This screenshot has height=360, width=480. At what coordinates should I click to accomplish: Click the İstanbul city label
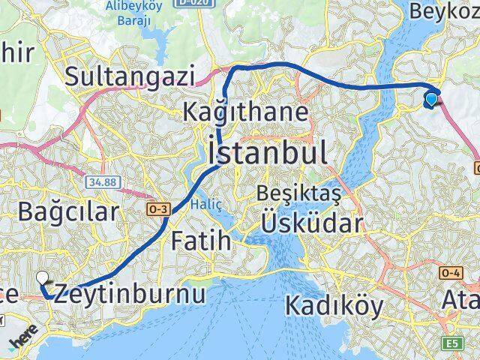coord(268,153)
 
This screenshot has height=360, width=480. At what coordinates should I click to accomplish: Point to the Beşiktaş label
coord(298,194)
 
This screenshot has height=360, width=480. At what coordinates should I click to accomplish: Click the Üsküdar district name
coord(313,223)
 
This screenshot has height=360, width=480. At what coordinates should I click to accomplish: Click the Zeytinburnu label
coord(130,293)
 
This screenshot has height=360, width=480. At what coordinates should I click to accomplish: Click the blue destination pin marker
coord(431,98)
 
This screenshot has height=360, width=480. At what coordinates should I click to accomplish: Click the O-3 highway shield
coord(157,208)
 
